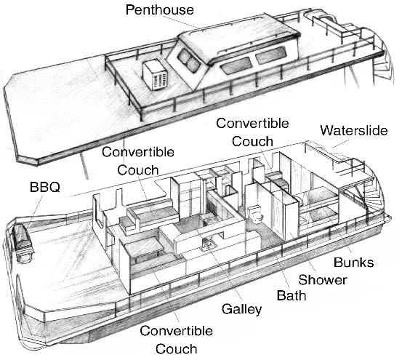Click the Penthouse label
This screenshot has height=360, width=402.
[159, 9]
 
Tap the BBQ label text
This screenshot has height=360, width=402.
[45, 187]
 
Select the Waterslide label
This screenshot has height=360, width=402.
[354, 130]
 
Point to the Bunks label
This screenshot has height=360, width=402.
[353, 263]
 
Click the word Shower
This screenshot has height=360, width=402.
[323, 280]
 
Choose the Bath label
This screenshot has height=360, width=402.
[292, 295]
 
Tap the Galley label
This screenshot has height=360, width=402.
[241, 308]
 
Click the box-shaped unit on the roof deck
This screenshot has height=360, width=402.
[155, 75]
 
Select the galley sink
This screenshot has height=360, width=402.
[208, 244]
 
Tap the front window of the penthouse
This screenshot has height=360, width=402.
[189, 60]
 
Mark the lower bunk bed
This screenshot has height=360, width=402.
[318, 219]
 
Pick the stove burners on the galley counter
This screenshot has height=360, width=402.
[210, 220]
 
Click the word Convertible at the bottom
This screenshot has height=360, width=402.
[176, 331]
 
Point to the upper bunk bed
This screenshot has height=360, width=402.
[318, 196]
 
